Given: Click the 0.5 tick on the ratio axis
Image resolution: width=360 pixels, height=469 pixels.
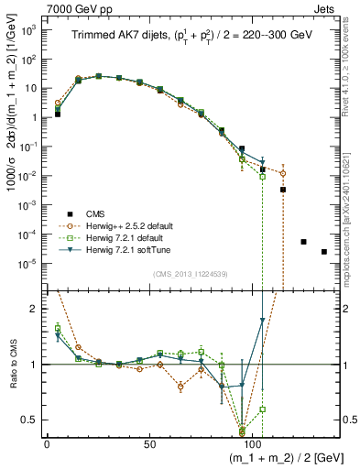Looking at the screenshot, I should click(30, 420).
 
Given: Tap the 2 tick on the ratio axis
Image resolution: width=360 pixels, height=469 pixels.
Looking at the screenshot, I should click(35, 309).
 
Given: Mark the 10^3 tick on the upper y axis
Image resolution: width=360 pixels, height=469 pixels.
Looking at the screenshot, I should click(29, 30).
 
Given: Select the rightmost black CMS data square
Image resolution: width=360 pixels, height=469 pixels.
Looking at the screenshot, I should click(324, 252).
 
